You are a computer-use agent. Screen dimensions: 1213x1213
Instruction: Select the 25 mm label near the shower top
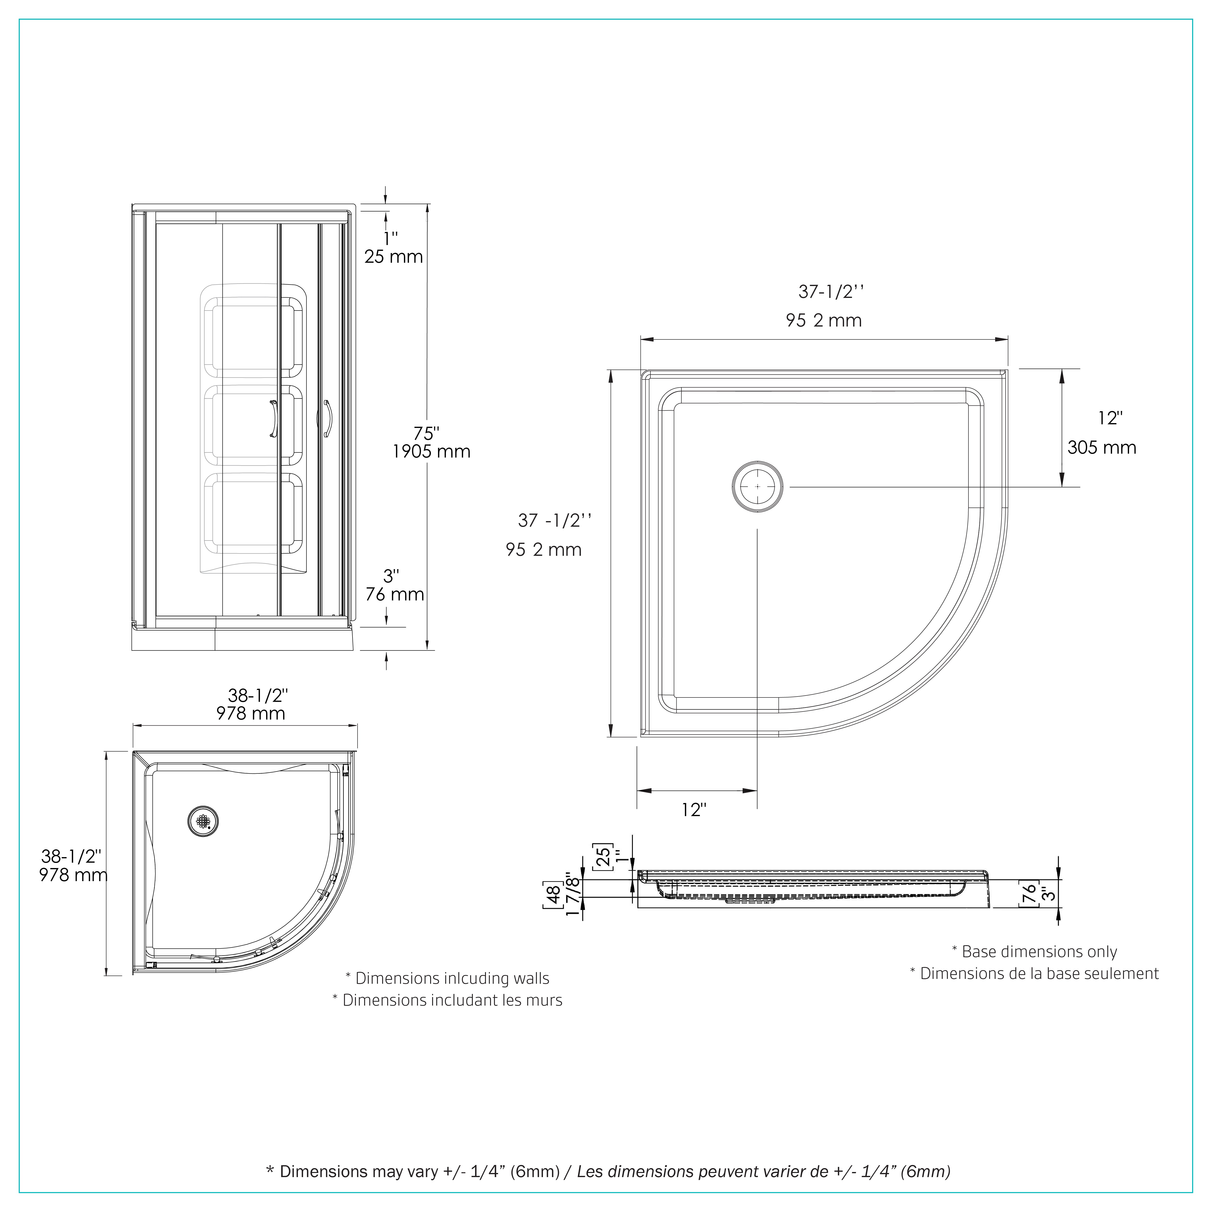click(x=394, y=257)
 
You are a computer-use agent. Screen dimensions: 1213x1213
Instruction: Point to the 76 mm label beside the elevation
click(x=394, y=594)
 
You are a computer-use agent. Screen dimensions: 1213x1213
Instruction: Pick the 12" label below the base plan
click(x=694, y=810)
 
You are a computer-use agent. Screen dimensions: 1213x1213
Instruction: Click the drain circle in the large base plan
click(x=758, y=487)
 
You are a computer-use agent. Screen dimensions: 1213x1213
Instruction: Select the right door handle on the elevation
click(x=327, y=419)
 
